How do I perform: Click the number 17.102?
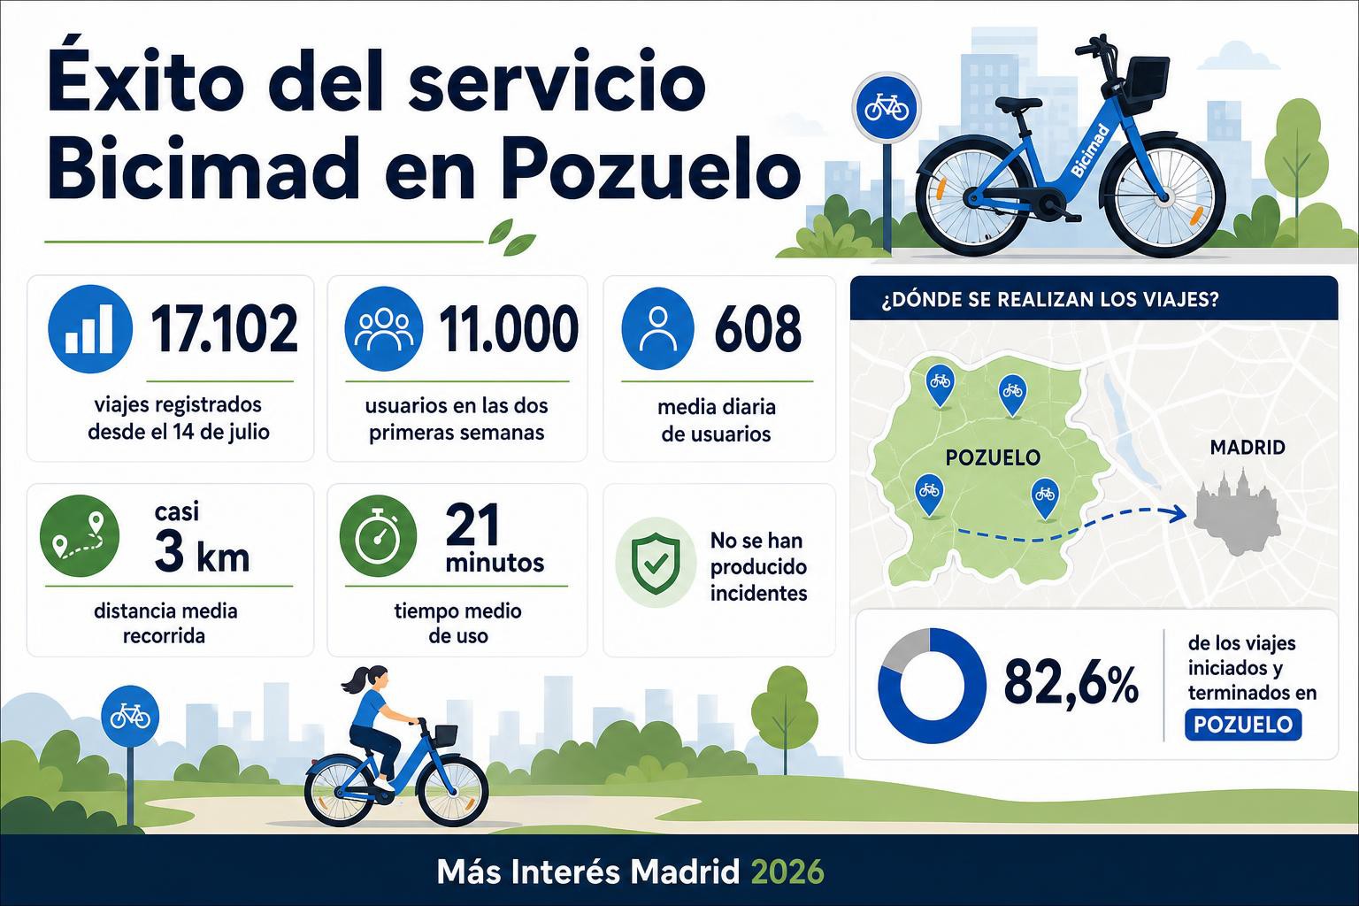[x=224, y=329]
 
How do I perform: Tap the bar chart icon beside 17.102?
[x=89, y=329]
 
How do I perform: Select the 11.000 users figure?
[x=509, y=329]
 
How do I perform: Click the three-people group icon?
[x=383, y=328]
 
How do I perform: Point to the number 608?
[x=757, y=329]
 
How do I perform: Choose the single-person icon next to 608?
[x=657, y=329]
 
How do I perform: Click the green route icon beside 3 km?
[x=80, y=535]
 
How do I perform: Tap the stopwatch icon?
[x=378, y=535]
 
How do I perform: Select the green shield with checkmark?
[x=656, y=563]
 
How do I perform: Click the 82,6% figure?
[x=1071, y=686]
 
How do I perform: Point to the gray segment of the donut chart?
[x=902, y=649]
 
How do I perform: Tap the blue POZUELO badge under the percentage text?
[x=1243, y=725]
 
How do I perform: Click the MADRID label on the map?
[x=1248, y=448]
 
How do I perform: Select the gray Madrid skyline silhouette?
[x=1236, y=513]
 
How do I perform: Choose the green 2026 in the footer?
[x=787, y=872]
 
